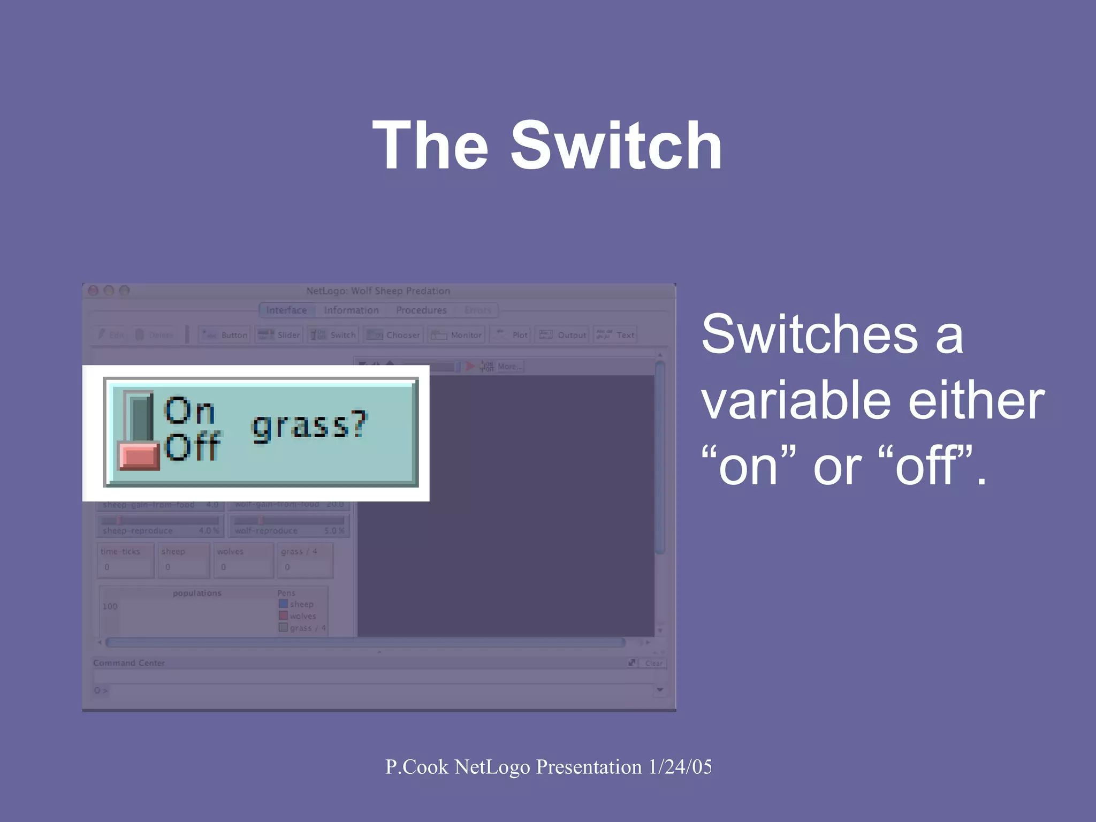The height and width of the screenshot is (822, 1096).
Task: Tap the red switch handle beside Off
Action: click(139, 456)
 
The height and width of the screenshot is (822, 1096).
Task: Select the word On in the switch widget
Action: click(189, 411)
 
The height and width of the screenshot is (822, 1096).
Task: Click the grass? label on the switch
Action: click(309, 425)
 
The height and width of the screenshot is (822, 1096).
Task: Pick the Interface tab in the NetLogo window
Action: click(286, 310)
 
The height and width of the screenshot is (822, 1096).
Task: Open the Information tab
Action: click(351, 310)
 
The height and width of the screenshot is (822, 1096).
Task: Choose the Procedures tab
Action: click(421, 310)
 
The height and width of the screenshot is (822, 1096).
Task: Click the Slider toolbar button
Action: click(279, 335)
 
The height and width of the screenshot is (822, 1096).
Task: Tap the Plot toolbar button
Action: click(511, 335)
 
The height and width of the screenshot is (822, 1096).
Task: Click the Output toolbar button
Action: click(562, 335)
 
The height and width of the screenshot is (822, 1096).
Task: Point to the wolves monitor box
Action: click(243, 560)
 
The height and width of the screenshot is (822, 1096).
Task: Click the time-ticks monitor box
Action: click(126, 560)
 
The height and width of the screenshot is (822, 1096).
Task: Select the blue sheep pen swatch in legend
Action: click(283, 604)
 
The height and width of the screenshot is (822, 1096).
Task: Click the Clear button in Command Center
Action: click(653, 663)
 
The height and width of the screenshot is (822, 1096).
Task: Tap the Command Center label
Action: click(129, 663)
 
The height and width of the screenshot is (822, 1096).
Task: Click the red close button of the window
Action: click(93, 291)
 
